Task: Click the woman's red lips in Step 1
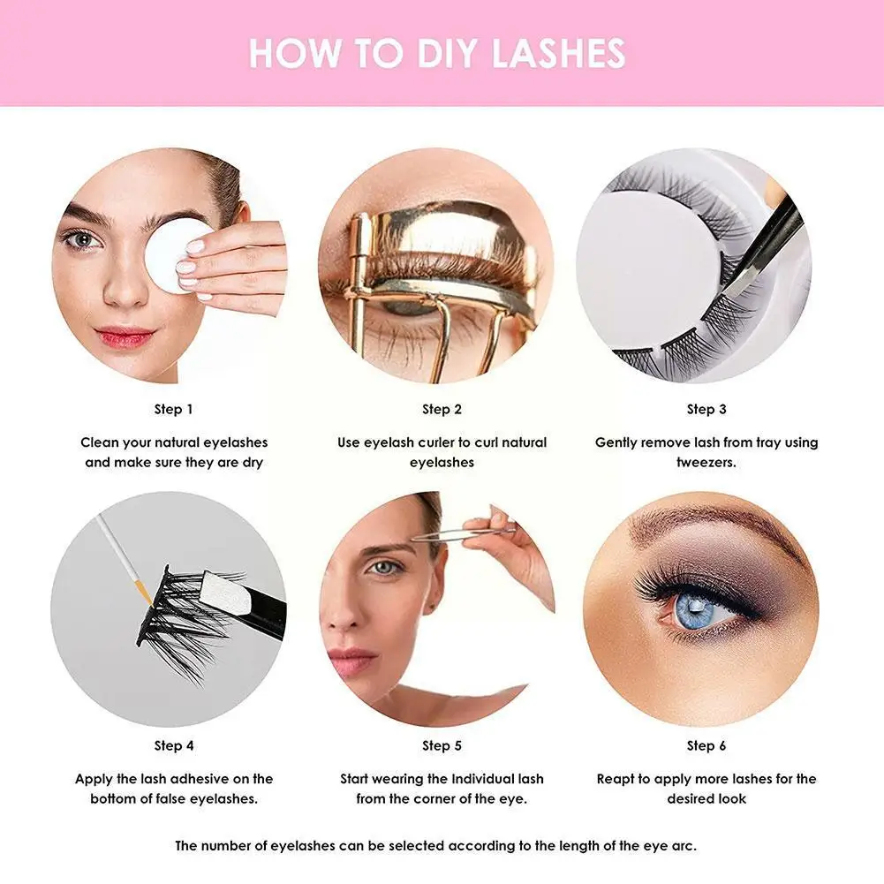tap(124, 337)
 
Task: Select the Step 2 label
tap(442, 409)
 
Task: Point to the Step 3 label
tap(706, 409)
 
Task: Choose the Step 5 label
tap(442, 746)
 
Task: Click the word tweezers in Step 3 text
tap(706, 462)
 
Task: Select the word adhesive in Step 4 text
tap(200, 779)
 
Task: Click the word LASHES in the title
tap(558, 54)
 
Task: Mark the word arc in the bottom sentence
tap(684, 846)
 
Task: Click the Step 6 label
tap(706, 746)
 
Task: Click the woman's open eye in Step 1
tap(83, 241)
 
